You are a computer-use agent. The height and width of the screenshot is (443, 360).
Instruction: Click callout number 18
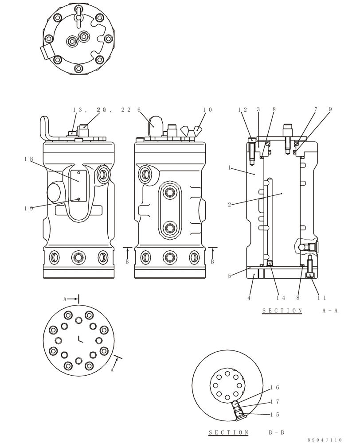28,159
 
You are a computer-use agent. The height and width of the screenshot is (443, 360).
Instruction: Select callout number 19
28,208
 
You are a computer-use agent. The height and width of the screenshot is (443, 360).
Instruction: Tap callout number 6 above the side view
139,109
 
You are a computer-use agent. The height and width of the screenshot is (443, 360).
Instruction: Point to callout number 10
207,109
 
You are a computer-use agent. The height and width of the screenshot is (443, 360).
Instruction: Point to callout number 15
274,415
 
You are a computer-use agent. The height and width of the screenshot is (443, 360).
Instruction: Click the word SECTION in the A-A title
282,311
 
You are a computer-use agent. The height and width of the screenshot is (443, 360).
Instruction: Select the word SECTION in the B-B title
229,432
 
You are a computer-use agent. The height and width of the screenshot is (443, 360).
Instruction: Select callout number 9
330,109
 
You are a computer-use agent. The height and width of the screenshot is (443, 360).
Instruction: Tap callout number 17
274,402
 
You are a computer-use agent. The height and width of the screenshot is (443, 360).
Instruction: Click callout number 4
249,298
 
